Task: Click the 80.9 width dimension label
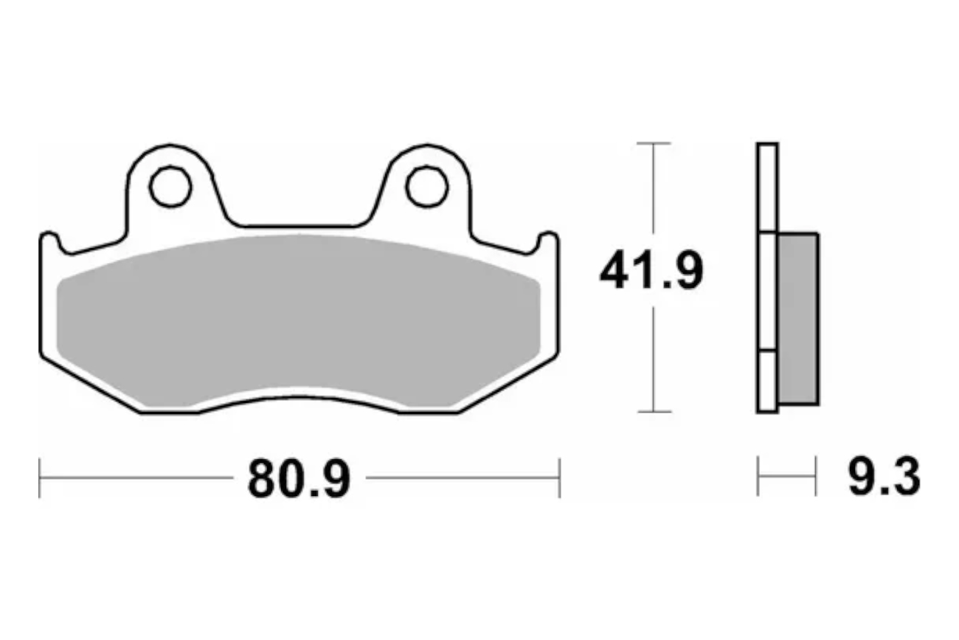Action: [x=299, y=478]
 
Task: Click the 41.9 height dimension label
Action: [x=651, y=271]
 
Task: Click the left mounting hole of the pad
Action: [x=170, y=187]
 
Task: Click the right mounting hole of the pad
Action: [x=427, y=187]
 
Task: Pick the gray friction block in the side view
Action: [x=798, y=319]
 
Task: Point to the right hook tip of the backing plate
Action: [x=548, y=234]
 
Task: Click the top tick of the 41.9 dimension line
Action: [x=654, y=143]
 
